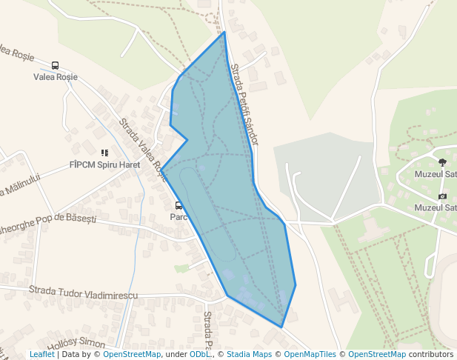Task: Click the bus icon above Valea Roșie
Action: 56,66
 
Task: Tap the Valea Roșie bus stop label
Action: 56,77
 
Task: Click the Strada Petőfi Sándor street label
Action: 244,104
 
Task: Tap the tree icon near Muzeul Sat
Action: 442,162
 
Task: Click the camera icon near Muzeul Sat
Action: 442,196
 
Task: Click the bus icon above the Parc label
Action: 179,206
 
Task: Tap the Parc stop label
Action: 178,217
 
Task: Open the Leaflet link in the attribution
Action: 41,355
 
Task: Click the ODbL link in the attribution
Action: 199,355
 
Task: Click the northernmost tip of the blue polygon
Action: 224,32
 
